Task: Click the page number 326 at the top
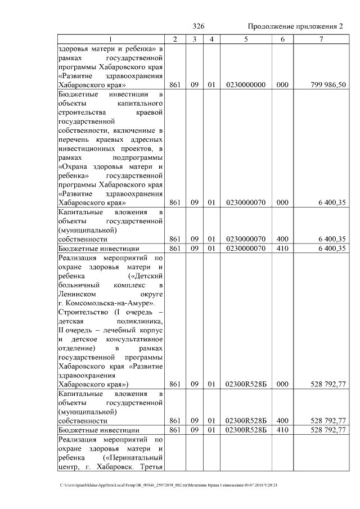click(x=198, y=26)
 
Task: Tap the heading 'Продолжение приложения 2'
click(x=295, y=26)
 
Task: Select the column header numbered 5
click(x=245, y=39)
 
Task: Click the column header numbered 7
click(x=321, y=39)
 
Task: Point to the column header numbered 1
click(x=110, y=39)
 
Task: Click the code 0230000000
click(x=245, y=85)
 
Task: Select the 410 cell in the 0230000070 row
click(x=282, y=248)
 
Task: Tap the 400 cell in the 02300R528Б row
click(x=282, y=420)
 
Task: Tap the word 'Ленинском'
click(x=76, y=294)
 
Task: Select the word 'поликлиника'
click(x=143, y=321)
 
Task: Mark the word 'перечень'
click(x=73, y=139)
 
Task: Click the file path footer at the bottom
click(x=169, y=485)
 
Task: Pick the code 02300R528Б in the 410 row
click(x=245, y=430)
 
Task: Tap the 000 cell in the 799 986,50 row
click(x=282, y=85)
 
